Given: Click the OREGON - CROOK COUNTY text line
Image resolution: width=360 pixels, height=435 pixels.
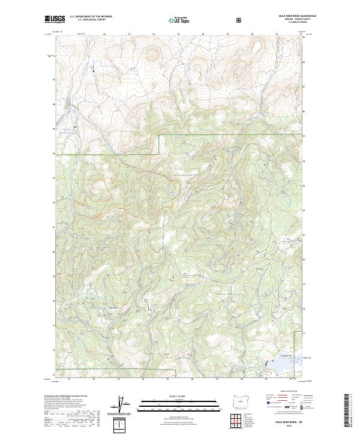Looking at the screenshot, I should [287, 21].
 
